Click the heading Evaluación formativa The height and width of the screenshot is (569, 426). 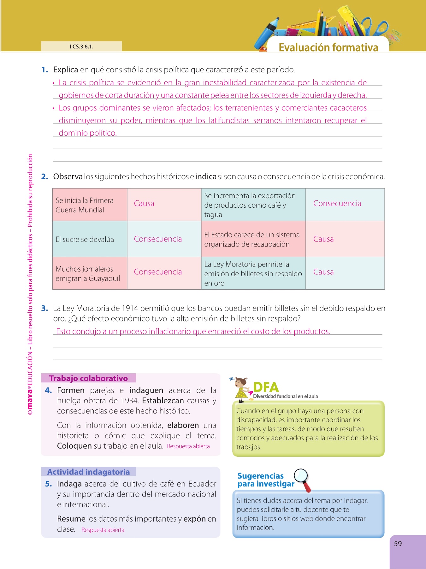click(328, 47)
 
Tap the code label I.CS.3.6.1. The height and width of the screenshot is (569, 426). click(81, 47)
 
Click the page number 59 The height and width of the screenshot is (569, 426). click(398, 544)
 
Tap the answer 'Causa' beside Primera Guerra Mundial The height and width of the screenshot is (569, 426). click(144, 204)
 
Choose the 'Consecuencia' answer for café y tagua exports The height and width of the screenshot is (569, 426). click(337, 204)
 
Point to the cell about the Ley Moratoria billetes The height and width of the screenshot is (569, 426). click(253, 273)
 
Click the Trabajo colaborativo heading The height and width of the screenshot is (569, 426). click(88, 378)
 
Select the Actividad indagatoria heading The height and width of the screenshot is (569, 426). click(88, 472)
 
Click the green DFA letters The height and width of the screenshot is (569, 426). click(266, 387)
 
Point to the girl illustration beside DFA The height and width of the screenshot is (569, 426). click(241, 388)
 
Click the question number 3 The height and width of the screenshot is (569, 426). click(44, 309)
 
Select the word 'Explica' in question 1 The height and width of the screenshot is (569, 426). click(65, 70)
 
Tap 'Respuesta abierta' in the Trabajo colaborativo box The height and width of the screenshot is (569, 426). click(188, 446)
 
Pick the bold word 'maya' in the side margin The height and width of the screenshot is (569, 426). click(30, 397)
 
